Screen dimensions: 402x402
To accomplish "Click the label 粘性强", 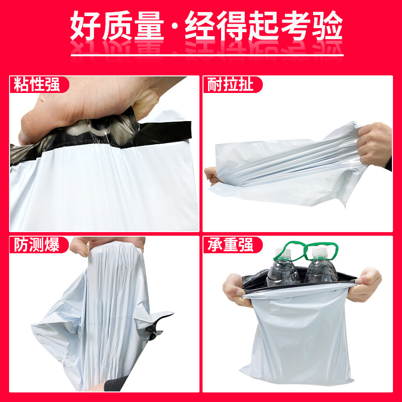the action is (37, 84).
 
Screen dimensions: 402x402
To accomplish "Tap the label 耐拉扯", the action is (230, 84).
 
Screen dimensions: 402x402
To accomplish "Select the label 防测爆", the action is (37, 245).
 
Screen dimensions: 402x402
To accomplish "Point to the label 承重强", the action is (230, 245).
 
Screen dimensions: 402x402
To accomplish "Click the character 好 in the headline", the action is (85, 26).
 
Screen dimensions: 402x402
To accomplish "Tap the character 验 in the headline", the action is (328, 26).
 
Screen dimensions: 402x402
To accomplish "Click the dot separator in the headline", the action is (174, 26).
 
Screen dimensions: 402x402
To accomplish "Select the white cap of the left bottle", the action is (283, 252).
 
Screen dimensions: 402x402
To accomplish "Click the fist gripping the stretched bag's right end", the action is (374, 145).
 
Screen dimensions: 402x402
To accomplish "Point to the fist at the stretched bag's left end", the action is (212, 175).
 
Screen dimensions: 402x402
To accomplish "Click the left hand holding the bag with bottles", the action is (235, 290).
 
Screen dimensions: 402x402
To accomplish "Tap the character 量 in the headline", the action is (149, 26).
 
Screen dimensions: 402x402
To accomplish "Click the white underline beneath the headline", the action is (207, 55).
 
